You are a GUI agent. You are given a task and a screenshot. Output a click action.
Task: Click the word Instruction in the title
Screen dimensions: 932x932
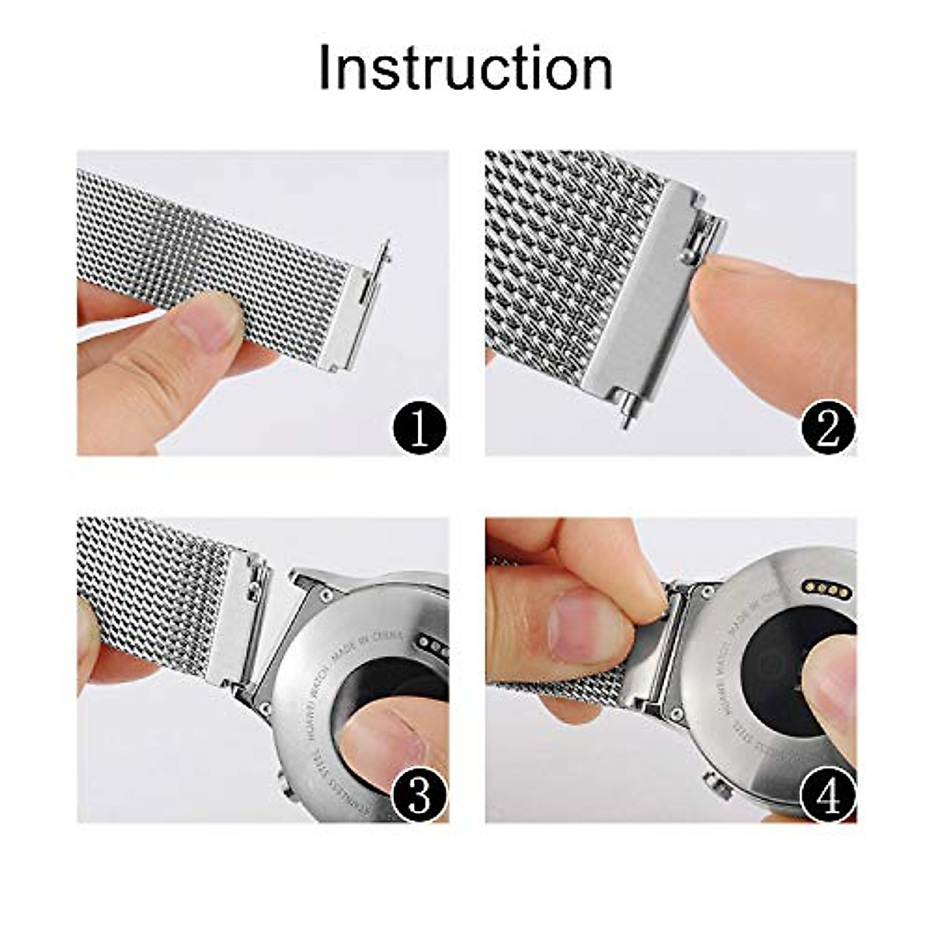pyautogui.click(x=465, y=68)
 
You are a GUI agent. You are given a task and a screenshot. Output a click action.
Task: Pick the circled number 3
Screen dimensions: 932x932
pyautogui.click(x=419, y=794)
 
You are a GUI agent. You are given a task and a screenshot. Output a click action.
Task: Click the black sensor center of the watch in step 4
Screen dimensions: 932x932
pyautogui.click(x=777, y=668)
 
